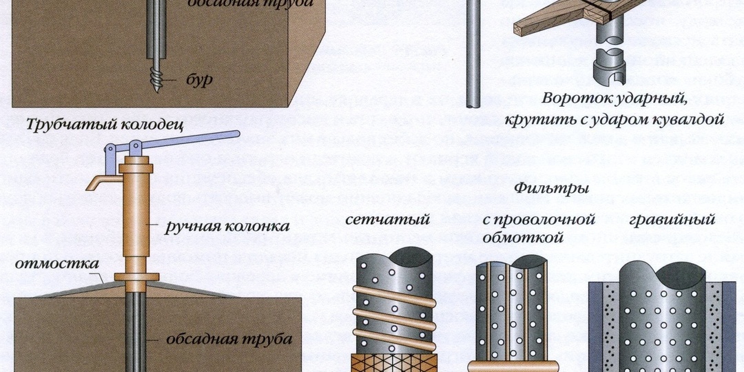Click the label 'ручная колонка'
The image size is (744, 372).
(227, 227)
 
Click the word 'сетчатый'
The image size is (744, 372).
(387, 220)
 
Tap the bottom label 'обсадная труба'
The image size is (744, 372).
(229, 340)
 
